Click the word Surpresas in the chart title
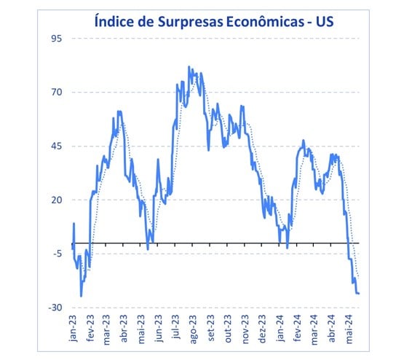pos(181,20)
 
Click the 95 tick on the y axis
pos(55,38)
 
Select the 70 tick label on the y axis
pos(55,92)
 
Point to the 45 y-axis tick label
pos(55,146)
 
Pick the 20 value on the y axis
pos(55,200)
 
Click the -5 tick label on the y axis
pos(55,254)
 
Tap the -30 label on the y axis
pos(54,308)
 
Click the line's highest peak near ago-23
pos(189,67)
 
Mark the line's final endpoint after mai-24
pos(360,294)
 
